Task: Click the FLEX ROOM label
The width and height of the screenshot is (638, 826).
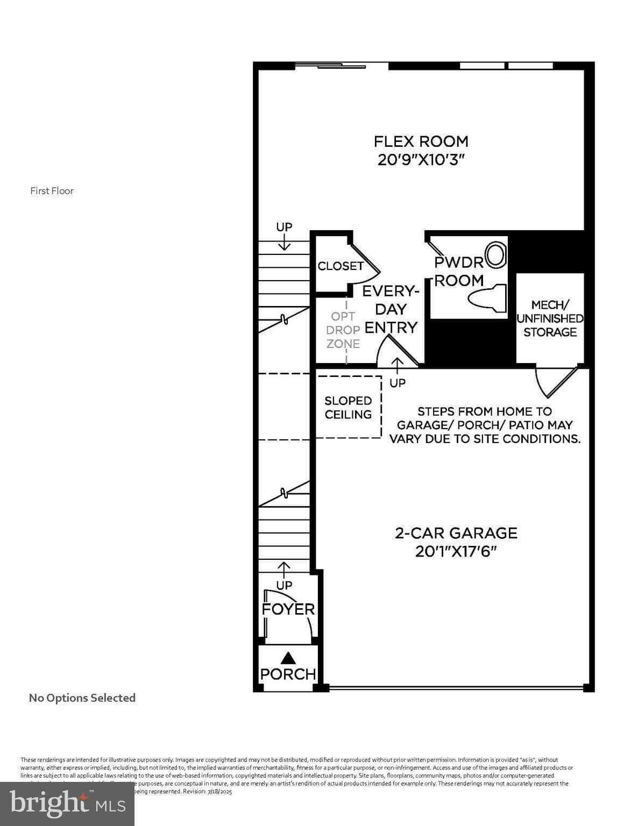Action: pos(421,141)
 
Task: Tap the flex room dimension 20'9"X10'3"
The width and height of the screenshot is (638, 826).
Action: pos(421,160)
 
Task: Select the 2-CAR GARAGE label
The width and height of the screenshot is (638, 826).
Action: pos(456,533)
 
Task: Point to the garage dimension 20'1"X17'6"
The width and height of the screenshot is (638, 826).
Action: pos(456,551)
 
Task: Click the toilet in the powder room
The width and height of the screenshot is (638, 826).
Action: pos(488,298)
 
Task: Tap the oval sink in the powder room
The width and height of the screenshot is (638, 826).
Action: pos(496,255)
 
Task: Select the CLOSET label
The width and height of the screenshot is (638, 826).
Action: pos(340,266)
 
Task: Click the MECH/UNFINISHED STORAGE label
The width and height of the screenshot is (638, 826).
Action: pos(550,318)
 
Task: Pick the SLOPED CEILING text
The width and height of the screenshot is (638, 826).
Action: pos(348,408)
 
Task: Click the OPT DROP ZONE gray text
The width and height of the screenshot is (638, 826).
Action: pos(343,330)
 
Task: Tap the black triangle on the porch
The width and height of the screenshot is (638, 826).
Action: pos(289,657)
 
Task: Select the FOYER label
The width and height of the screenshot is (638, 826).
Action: pos(288,609)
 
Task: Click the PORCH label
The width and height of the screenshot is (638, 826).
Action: pos(288,674)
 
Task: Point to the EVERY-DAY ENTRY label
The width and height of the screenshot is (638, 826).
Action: pos(391,309)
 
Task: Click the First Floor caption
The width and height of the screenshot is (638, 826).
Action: pos(52,191)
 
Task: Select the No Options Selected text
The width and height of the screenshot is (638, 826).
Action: pos(82,698)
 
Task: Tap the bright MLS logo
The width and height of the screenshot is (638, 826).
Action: pos(67,803)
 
